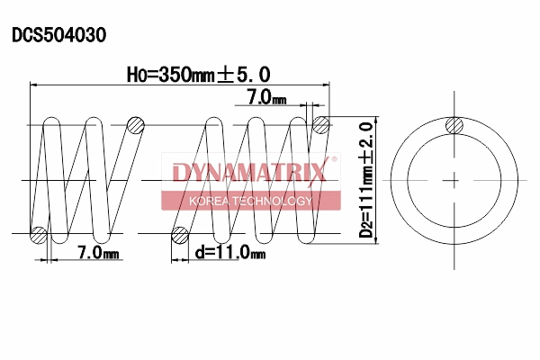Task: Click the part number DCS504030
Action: tap(58, 35)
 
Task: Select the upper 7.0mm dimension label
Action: tap(266, 96)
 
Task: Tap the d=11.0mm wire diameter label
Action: tap(230, 253)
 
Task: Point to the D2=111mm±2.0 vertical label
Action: tap(366, 179)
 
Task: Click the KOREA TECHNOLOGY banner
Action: tap(249, 200)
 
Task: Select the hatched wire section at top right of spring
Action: tap(320, 124)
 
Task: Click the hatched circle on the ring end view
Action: tap(455, 125)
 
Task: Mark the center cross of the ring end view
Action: tap(455, 180)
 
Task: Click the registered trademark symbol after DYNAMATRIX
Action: tap(335, 160)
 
